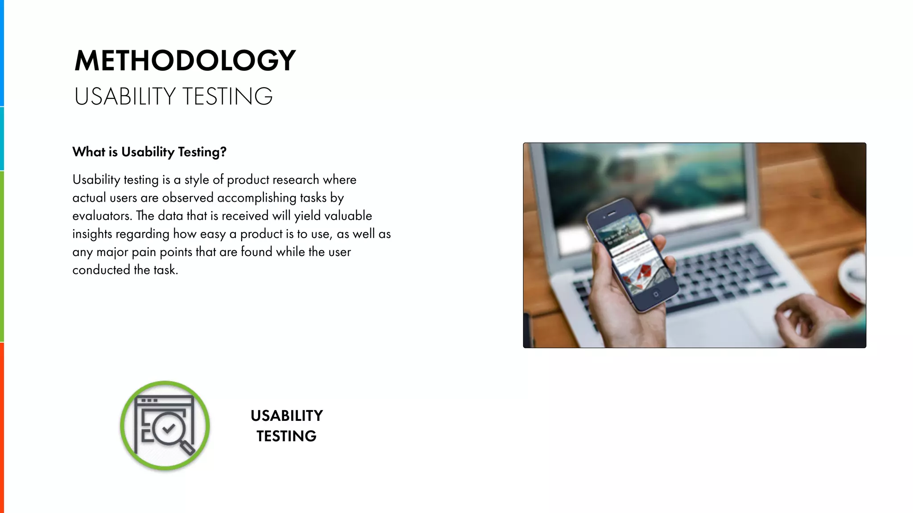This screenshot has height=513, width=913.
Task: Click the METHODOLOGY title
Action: pyautogui.click(x=185, y=61)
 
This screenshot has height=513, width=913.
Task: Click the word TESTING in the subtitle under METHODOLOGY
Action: pyautogui.click(x=227, y=97)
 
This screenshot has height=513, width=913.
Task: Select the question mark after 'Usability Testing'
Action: pyautogui.click(x=223, y=152)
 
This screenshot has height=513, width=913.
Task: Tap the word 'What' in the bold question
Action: pyautogui.click(x=89, y=152)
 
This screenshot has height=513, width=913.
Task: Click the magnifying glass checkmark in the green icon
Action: pyautogui.click(x=169, y=428)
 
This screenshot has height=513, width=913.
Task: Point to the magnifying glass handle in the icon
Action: pyautogui.click(x=187, y=447)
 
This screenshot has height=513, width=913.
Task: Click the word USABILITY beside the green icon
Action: pyautogui.click(x=287, y=416)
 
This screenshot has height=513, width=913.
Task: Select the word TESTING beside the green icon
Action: pyautogui.click(x=287, y=436)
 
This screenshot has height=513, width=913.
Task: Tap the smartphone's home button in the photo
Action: pyautogui.click(x=655, y=294)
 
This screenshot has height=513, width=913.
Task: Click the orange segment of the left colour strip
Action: pyautogui.click(x=2, y=427)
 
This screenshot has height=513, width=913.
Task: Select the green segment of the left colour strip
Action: pyautogui.click(x=2, y=256)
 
